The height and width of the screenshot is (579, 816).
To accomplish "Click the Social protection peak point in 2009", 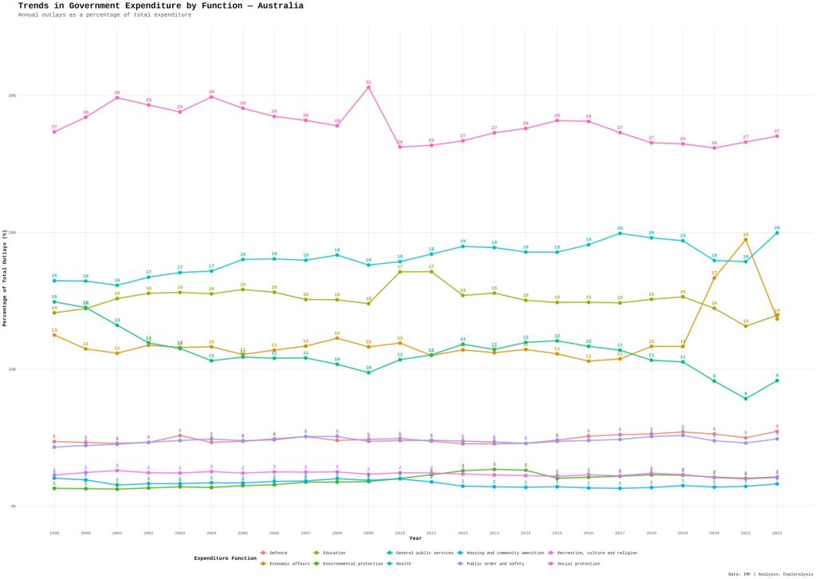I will [x=368, y=87].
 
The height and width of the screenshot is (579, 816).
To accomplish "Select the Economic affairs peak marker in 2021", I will [x=746, y=239].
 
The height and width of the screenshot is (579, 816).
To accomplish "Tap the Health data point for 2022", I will [x=777, y=232].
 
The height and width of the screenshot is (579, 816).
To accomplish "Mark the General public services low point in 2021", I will [x=746, y=398].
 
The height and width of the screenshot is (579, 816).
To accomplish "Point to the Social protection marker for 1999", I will [x=54, y=132].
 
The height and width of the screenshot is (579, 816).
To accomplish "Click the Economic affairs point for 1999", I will [x=54, y=335].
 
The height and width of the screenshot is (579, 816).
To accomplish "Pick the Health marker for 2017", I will [x=620, y=233].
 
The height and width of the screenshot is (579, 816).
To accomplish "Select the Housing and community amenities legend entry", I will [x=504, y=552].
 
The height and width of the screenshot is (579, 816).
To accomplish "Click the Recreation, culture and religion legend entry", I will [x=600, y=552].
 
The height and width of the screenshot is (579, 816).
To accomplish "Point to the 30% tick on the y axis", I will [x=12, y=96].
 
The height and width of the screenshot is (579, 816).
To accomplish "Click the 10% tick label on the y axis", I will [x=12, y=369].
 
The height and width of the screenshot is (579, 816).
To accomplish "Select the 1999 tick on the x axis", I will [x=54, y=532].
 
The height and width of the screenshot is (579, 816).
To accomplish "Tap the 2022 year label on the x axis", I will [x=777, y=532].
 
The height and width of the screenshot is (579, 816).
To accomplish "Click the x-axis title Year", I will [x=415, y=538].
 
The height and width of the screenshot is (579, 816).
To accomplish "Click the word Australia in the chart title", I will [x=275, y=6].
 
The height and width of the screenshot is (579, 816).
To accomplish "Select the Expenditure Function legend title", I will [x=225, y=558].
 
